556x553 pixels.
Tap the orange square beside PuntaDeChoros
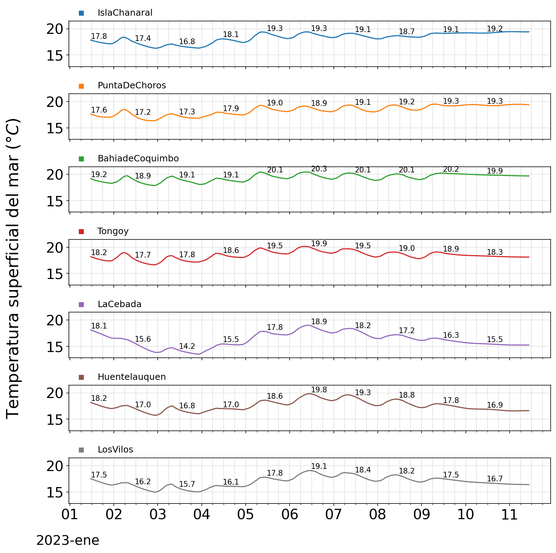coord(81,86)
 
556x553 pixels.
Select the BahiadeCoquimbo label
coord(138,159)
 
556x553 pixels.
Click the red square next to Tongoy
coord(81,232)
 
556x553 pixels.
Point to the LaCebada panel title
coord(119,304)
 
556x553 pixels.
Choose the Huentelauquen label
coord(132,377)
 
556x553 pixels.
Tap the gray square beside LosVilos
coord(81,450)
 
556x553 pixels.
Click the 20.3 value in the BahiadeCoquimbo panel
coord(319,169)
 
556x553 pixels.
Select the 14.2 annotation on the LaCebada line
coord(187,346)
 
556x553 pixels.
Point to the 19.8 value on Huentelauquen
coord(319,390)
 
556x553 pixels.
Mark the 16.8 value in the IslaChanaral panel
coord(187,42)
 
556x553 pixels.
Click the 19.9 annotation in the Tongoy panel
coord(319,244)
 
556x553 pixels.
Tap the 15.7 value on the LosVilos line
coord(187,484)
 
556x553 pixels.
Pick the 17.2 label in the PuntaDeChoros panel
coord(143,113)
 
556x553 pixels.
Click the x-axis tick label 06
coord(290,515)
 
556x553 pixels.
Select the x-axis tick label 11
coord(509,515)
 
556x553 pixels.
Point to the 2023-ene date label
coord(68,541)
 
